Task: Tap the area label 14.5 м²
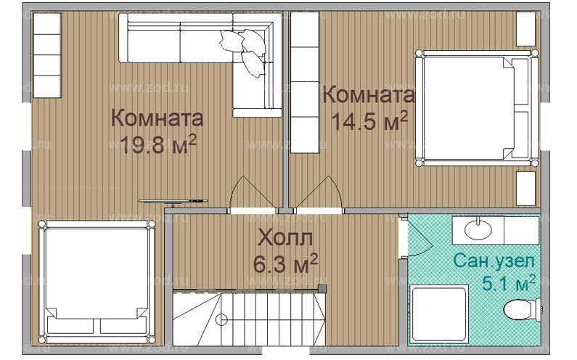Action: pos(369,120)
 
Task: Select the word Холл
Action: pos(286,238)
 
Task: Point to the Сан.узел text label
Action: pos(494,259)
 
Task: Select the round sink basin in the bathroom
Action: pos(478,231)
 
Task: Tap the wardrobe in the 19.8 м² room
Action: pos(48,56)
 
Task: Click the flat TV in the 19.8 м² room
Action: pos(173,200)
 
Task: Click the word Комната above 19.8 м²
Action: pos(157,118)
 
